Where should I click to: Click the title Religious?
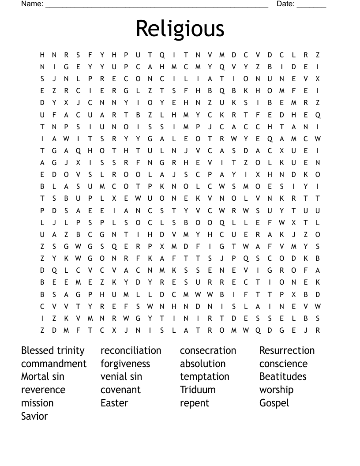tap(180, 29)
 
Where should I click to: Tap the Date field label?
tap(285, 4)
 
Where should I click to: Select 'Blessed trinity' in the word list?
tap(52, 350)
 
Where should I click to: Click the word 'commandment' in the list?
tap(54, 364)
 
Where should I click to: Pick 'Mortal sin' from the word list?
tap(43, 376)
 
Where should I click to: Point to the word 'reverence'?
tap(43, 390)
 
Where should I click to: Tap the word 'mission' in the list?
tap(37, 403)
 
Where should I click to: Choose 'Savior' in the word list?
tap(34, 416)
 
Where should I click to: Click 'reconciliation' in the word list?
tap(131, 350)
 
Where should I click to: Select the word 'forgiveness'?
tap(125, 364)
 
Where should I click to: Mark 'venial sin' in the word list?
tap(121, 376)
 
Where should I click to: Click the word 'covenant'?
tap(120, 390)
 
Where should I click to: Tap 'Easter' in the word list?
tap(114, 403)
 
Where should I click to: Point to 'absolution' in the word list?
tap(202, 364)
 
